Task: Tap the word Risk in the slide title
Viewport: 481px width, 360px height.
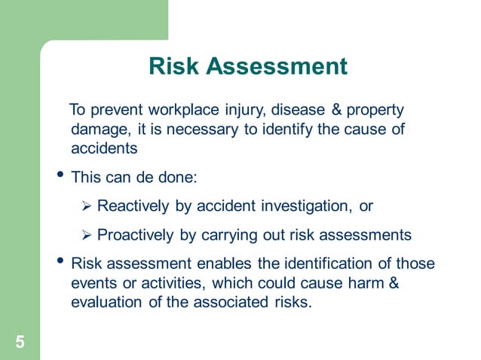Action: (175, 66)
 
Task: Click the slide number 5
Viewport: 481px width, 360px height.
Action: (20, 343)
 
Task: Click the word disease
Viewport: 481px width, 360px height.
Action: (304, 110)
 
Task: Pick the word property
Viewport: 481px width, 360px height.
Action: (378, 110)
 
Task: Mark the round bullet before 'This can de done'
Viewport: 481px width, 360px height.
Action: (60, 176)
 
